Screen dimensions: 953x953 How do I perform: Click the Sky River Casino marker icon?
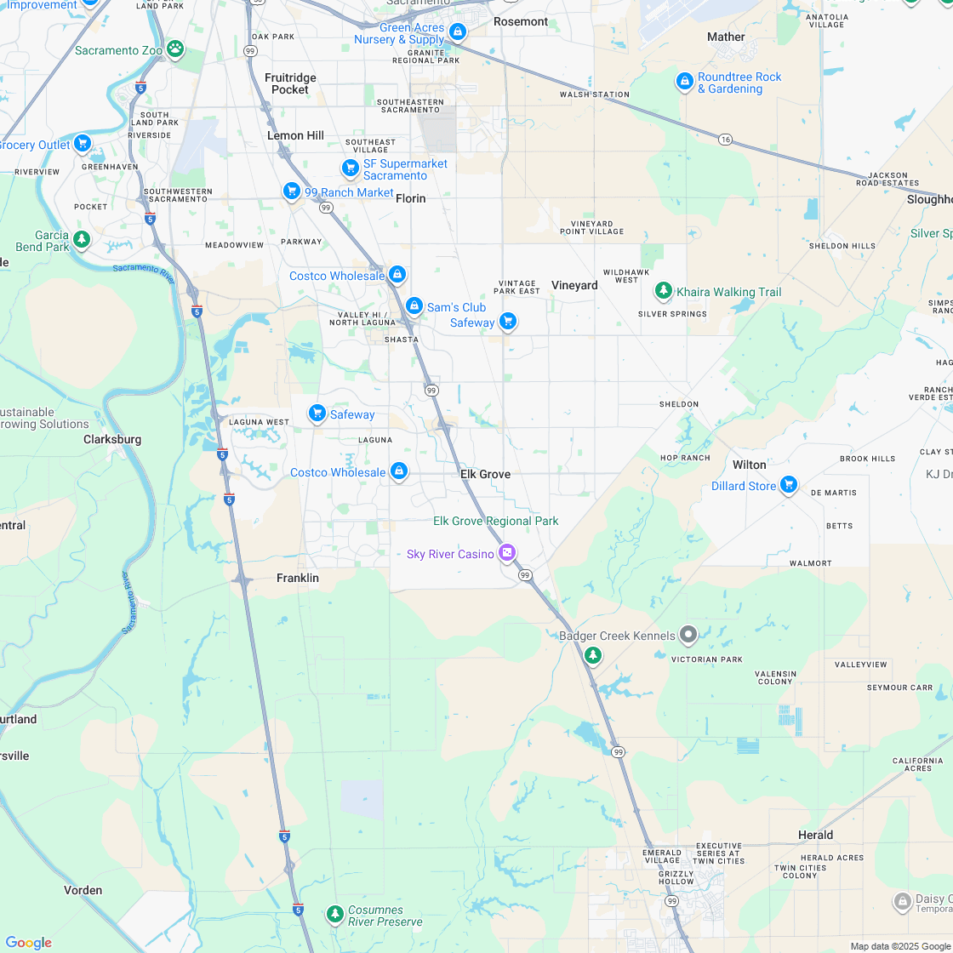coord(507,553)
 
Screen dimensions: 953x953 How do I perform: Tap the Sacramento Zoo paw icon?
coord(175,49)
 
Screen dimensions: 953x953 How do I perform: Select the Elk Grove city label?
coord(485,474)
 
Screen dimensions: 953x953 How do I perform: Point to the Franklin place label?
coord(298,578)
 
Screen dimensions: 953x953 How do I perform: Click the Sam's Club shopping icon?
coord(414,305)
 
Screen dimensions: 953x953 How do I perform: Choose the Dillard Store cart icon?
coord(789,485)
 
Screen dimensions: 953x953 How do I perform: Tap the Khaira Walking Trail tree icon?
coord(663,291)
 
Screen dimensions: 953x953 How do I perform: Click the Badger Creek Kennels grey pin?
coord(688,635)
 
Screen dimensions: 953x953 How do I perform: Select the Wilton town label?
coord(750,465)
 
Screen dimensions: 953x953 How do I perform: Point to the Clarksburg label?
coord(112,440)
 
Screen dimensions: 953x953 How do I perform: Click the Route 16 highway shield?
coord(725,139)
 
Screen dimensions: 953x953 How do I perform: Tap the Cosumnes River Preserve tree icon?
coord(335,914)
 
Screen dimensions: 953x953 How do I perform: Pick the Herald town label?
coord(815,835)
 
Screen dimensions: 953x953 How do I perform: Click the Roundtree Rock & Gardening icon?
coord(684,82)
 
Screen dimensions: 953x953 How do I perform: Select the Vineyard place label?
coord(574,285)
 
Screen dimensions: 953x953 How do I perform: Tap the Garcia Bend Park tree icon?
coord(82,240)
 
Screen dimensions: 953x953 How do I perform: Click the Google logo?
coord(29,942)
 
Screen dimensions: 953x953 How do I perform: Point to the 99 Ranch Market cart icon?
coord(292,191)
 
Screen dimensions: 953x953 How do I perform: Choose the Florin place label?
coord(411,198)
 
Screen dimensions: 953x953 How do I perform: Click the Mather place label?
coord(726,37)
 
